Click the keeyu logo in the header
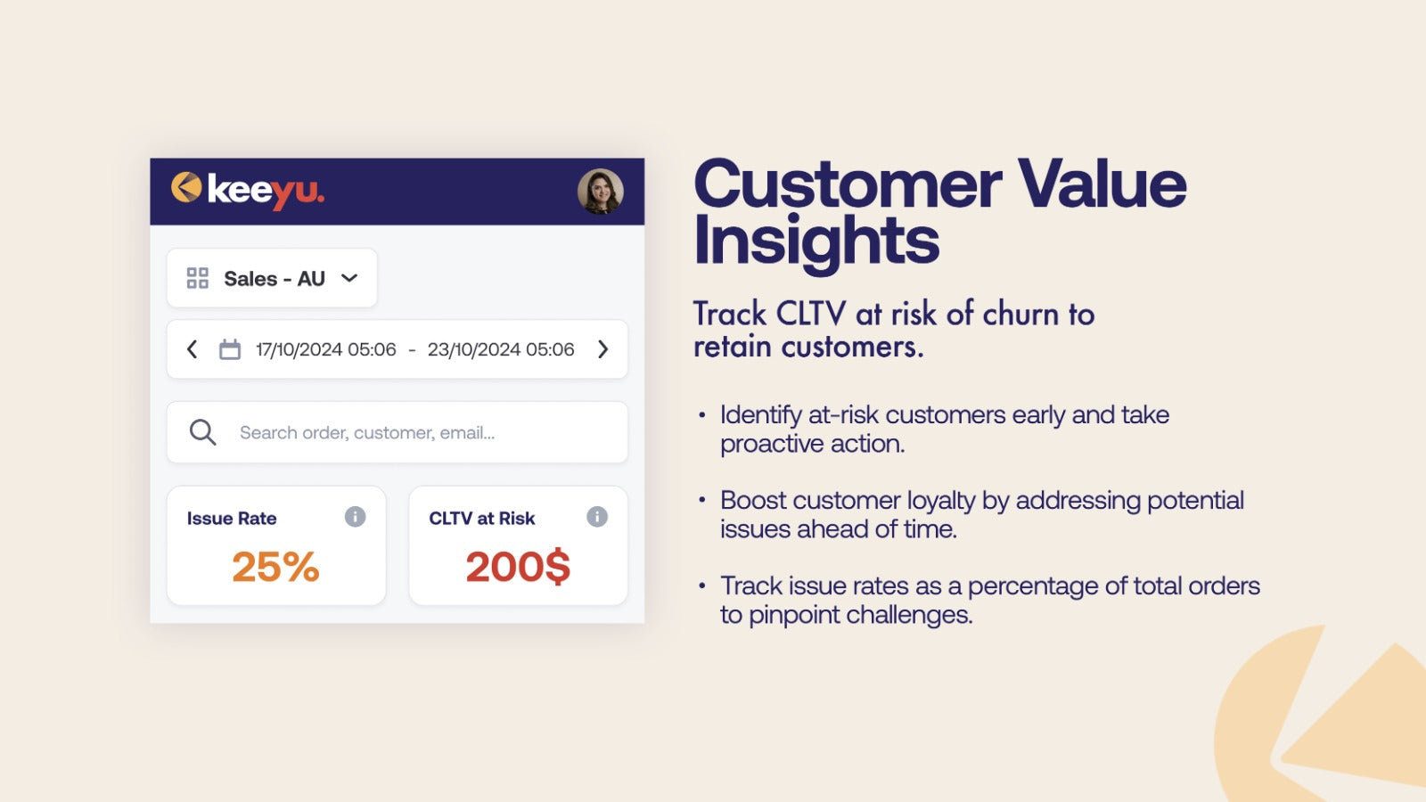pyautogui.click(x=248, y=191)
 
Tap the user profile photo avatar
pyautogui.click(x=601, y=191)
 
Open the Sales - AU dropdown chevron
pyautogui.click(x=349, y=278)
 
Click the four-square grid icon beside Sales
pyautogui.click(x=197, y=278)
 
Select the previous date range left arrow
pyautogui.click(x=192, y=348)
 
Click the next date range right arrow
pyautogui.click(x=602, y=348)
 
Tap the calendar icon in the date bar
pyautogui.click(x=230, y=348)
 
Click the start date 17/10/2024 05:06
pyautogui.click(x=326, y=349)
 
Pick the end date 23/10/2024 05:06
pyautogui.click(x=501, y=349)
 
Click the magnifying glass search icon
pyautogui.click(x=202, y=432)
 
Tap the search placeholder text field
pyautogui.click(x=367, y=433)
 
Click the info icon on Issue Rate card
pyautogui.click(x=356, y=516)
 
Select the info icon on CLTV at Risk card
pyautogui.click(x=597, y=516)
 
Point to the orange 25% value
pyautogui.click(x=275, y=567)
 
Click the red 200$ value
pyautogui.click(x=518, y=567)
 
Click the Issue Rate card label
pyautogui.click(x=232, y=518)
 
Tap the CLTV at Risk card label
pyautogui.click(x=482, y=518)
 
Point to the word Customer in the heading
pyautogui.click(x=848, y=184)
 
